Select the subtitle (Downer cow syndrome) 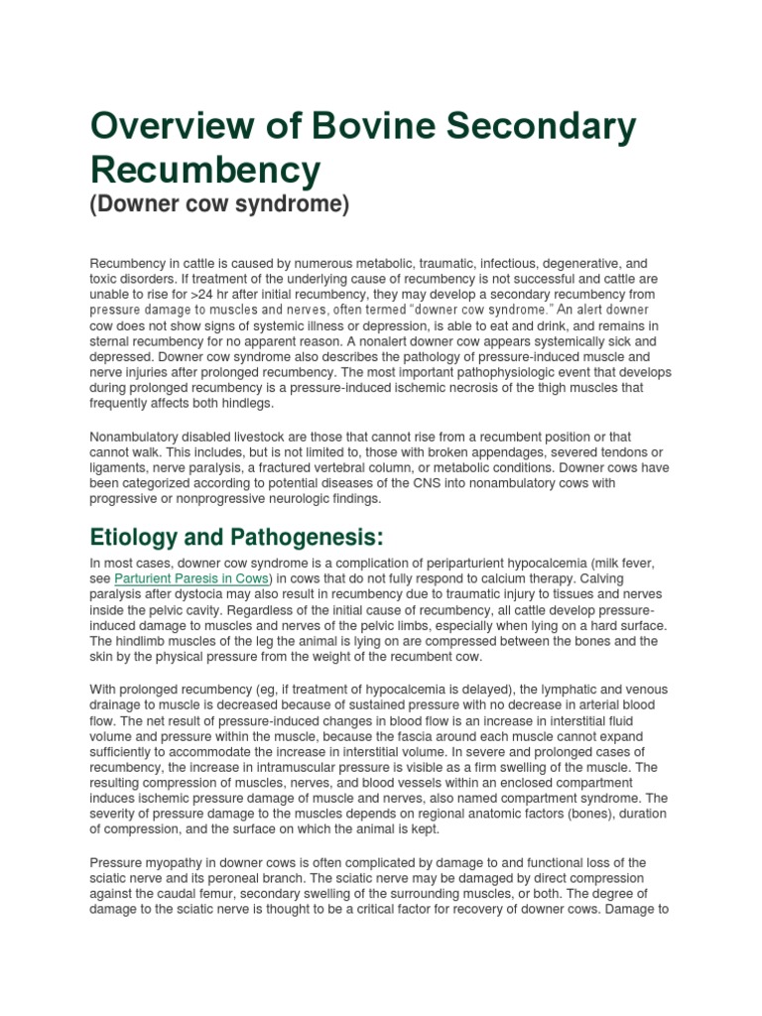(219, 205)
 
